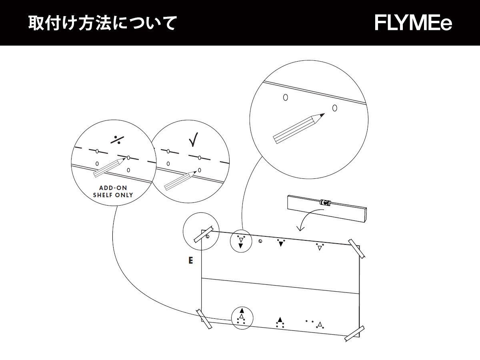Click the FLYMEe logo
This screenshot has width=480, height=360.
(x=414, y=23)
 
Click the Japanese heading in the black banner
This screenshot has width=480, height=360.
(x=102, y=23)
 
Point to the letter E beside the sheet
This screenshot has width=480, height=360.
(x=191, y=261)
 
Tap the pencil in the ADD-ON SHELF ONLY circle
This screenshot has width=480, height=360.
(x=109, y=168)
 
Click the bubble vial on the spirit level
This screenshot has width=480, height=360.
(x=324, y=202)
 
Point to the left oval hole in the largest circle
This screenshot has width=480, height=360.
(x=285, y=97)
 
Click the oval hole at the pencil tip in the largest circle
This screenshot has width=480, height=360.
(x=334, y=108)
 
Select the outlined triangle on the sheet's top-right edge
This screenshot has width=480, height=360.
(x=319, y=248)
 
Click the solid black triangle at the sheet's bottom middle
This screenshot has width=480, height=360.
(x=280, y=320)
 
